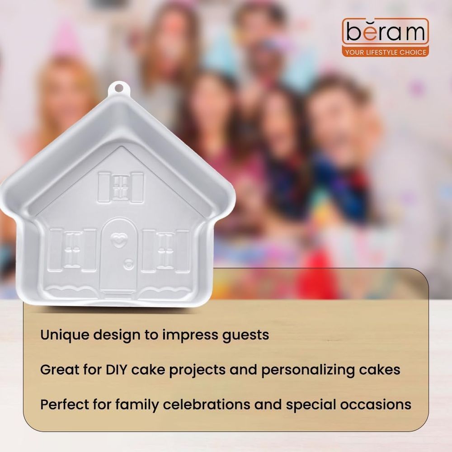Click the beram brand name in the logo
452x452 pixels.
click(386, 32)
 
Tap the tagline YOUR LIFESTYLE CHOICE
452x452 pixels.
click(386, 52)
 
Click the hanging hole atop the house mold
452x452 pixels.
click(118, 88)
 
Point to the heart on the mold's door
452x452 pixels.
click(119, 240)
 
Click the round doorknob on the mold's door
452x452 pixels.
click(128, 264)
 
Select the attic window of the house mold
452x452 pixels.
click(121, 188)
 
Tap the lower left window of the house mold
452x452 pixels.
click(72, 250)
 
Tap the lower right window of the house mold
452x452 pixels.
click(165, 251)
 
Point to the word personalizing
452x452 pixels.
click(307, 370)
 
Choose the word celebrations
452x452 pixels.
click(206, 404)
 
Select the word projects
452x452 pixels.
click(197, 371)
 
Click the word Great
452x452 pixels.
click(60, 370)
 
